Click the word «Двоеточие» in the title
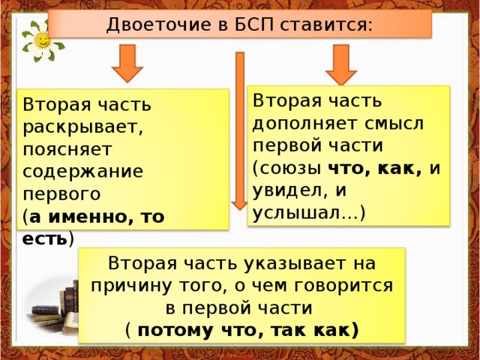[159, 25]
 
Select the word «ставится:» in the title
[326, 25]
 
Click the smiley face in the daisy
[42, 40]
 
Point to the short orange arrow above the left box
[127, 63]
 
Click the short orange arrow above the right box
[341, 64]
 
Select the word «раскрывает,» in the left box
[83, 127]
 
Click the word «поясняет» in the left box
[67, 149]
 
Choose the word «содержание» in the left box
[82, 171]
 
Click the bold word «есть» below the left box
[44, 238]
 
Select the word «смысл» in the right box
[394, 124]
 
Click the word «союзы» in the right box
[290, 168]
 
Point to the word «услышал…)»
[309, 212]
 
